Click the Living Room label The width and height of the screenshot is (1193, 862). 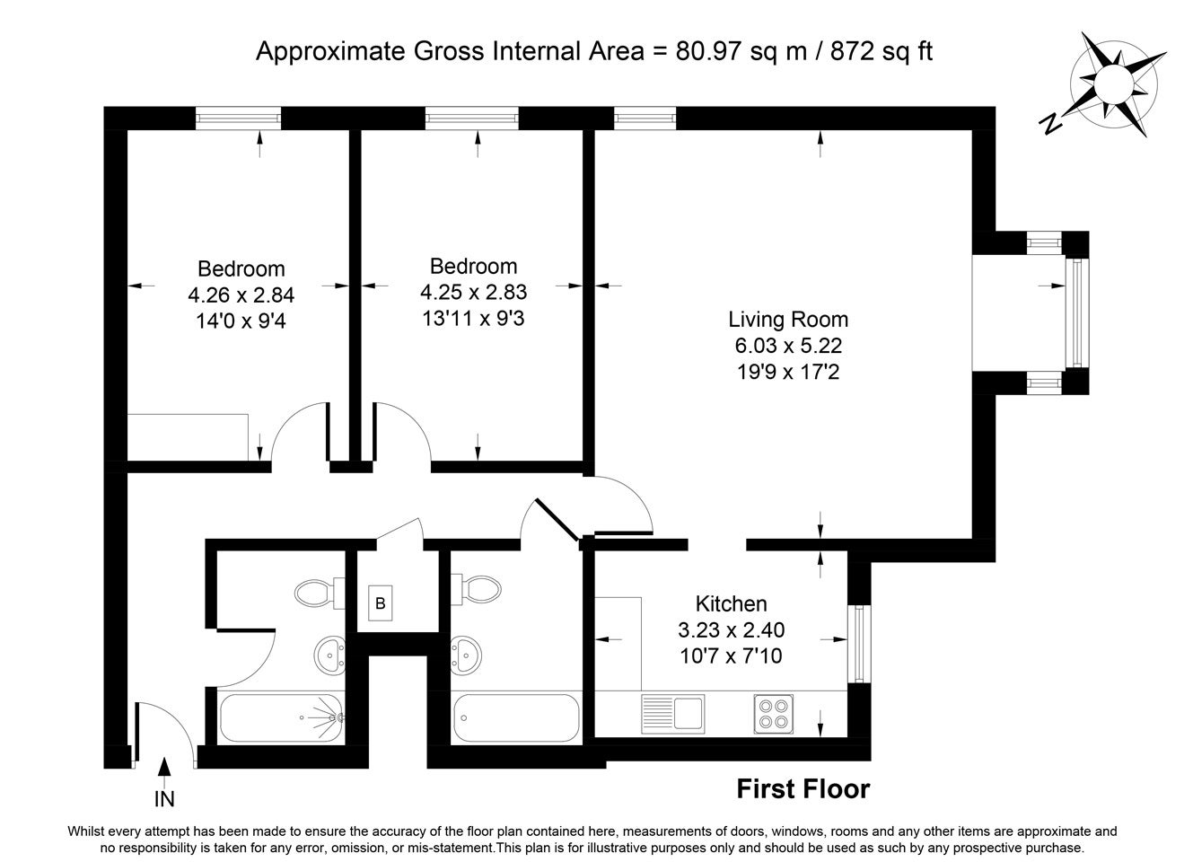[x=788, y=320]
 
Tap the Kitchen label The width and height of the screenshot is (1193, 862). [x=732, y=603]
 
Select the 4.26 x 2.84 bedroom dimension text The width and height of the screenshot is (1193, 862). [x=241, y=295]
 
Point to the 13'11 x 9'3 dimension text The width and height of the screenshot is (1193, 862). [x=473, y=318]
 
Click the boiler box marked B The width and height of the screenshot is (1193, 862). [x=381, y=603]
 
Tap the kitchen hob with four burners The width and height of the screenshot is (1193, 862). [x=773, y=714]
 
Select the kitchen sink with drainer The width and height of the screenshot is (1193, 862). [x=673, y=714]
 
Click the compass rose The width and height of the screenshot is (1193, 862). [x=1114, y=84]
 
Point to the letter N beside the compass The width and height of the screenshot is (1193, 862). [x=1050, y=125]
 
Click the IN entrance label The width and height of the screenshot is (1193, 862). [x=164, y=799]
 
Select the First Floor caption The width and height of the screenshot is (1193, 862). [x=803, y=789]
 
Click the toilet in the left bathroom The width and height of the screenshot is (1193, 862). [x=319, y=593]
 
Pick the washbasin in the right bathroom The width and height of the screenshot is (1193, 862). [x=466, y=655]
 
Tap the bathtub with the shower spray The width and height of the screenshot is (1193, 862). [x=281, y=717]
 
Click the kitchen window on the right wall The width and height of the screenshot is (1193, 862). [x=858, y=644]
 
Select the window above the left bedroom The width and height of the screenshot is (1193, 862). [x=238, y=119]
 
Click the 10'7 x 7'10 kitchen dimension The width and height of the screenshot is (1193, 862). [x=732, y=655]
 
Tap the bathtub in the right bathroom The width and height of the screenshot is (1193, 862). [x=515, y=717]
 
